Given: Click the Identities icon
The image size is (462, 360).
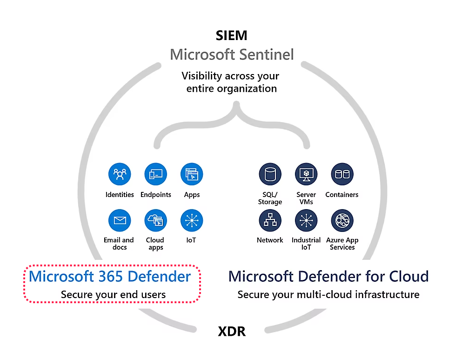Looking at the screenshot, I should tap(120, 175).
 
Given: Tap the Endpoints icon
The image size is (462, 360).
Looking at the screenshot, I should tap(156, 175).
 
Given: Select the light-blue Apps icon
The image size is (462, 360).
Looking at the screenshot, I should tap(192, 175).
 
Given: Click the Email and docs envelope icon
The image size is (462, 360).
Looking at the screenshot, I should tap(120, 220).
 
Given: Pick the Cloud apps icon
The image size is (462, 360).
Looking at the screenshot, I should tap(156, 220).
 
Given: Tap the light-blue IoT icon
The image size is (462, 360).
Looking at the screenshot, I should tap(192, 220).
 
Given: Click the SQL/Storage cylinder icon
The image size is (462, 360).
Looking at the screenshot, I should tap(270, 175).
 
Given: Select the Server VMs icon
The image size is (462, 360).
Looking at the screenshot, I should tap(306, 175).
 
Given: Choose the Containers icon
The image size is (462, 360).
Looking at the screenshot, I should tap(342, 175).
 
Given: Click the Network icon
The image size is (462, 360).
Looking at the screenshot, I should tap(270, 220).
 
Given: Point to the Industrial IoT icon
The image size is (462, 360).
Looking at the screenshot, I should tap(306, 220).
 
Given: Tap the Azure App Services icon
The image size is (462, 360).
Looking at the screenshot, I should tap(342, 220).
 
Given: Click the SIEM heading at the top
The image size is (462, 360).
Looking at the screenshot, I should tap(232, 35).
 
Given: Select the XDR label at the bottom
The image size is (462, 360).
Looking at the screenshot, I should tap(232, 332).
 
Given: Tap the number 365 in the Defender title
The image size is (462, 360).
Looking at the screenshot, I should tap(110, 276).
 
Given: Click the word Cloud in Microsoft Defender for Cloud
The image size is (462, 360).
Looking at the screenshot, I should tap(408, 276).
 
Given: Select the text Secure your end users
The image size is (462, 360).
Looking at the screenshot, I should tap(113, 294).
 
